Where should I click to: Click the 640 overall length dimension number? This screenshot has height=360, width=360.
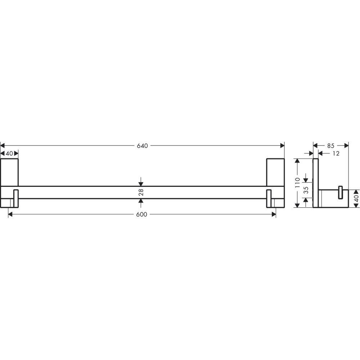(142, 146)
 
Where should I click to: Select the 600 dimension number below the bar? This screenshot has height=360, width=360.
(142, 215)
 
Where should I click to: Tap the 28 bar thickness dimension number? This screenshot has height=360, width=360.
(141, 192)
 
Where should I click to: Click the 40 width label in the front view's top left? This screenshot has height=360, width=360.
(10, 154)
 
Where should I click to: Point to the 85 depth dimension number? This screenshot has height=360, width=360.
(330, 146)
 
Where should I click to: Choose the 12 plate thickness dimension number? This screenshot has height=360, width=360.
(336, 154)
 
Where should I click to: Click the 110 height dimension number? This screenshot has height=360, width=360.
(298, 183)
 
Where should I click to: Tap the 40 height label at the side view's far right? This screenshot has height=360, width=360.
(356, 198)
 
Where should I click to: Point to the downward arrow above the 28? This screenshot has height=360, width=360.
(141, 183)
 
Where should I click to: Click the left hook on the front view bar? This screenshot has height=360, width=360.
(15, 198)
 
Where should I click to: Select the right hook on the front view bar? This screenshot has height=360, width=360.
(269, 198)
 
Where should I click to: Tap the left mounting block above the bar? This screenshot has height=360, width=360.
(9, 172)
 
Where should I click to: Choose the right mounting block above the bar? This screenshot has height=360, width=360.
(275, 172)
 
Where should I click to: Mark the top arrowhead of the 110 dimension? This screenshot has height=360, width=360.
(297, 161)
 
